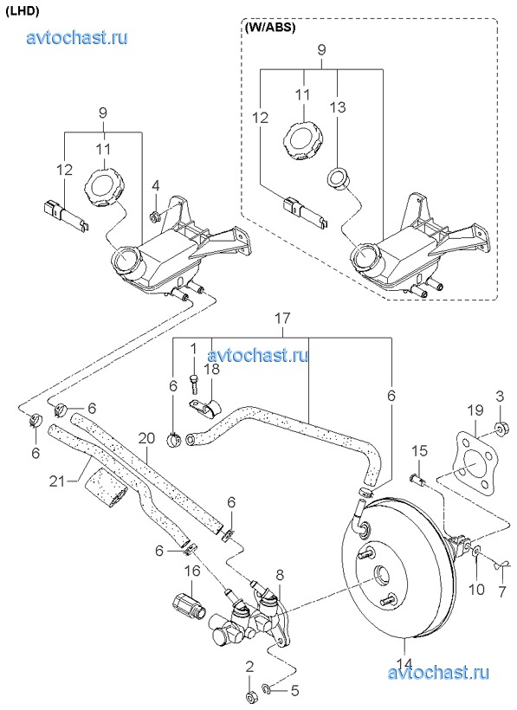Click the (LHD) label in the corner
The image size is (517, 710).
(x=23, y=12)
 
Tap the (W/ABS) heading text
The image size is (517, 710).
(x=270, y=27)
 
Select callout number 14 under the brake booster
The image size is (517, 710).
(x=405, y=664)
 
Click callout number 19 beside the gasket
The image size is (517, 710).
(x=475, y=410)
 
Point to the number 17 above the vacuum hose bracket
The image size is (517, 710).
(x=282, y=319)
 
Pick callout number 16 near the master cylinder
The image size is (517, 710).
(x=192, y=571)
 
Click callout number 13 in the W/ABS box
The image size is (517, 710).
(x=338, y=106)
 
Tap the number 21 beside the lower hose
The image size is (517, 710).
(x=57, y=481)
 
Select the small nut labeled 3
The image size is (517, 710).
(x=501, y=427)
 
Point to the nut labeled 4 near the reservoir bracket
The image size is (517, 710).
(x=155, y=216)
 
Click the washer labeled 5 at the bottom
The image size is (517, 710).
(x=267, y=689)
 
